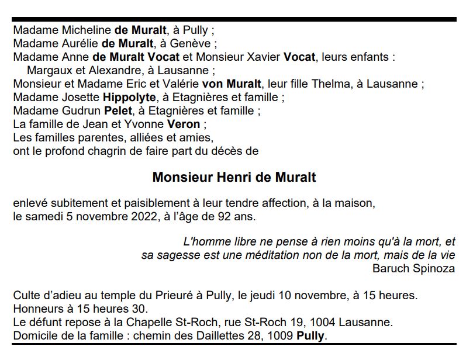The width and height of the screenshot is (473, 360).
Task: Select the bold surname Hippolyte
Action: click(x=129, y=97)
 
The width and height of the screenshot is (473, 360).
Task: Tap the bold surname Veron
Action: click(x=183, y=124)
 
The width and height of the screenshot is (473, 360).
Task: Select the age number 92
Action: click(x=223, y=216)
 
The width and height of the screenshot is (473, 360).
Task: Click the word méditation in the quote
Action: click(x=269, y=255)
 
